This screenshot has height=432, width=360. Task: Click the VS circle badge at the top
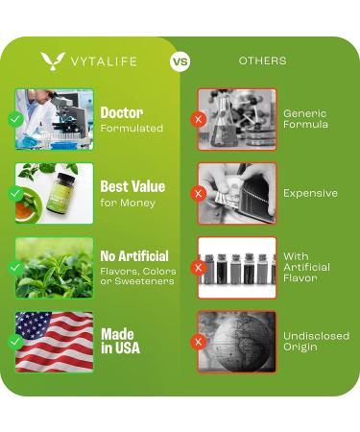pos(180,61)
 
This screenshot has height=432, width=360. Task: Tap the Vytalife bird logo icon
pos(53,61)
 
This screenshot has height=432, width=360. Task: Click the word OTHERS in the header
pos(262,61)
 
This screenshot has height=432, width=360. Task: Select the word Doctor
pos(122,112)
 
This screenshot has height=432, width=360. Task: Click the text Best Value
pos(132,186)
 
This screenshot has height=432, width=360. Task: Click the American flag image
pos(56,341)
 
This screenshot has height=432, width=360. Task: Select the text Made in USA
pos(119,341)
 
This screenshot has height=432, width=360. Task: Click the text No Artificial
pos(134,256)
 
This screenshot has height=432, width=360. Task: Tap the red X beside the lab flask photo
pos(199,119)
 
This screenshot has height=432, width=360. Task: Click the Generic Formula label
pos(305,119)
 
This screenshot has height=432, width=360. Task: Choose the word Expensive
pos(310,193)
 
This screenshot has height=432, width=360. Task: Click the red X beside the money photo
pos(199,193)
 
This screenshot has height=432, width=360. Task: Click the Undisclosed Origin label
pos(316,341)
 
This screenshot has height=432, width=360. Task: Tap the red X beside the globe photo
pos(199,341)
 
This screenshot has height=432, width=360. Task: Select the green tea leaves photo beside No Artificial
pos(56,267)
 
